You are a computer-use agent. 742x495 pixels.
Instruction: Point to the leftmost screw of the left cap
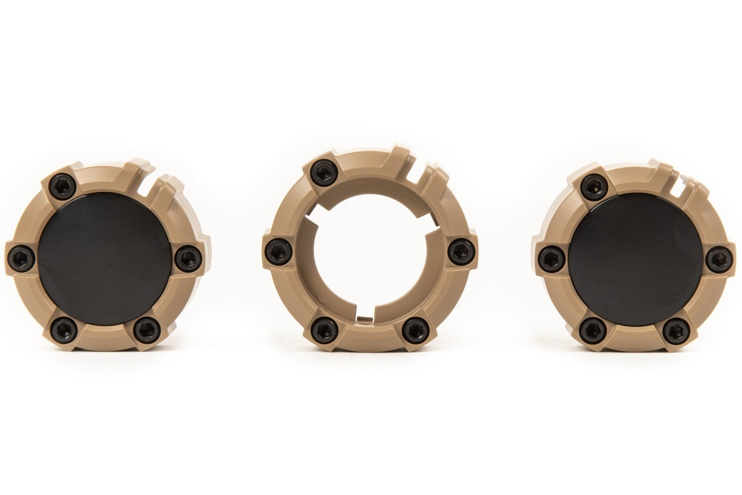pos(20,257)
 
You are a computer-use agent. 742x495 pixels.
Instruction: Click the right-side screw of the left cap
pos(187,257)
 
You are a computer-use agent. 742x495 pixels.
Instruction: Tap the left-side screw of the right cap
pos(549,257)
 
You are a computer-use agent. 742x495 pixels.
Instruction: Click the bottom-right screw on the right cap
pos(676,328)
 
